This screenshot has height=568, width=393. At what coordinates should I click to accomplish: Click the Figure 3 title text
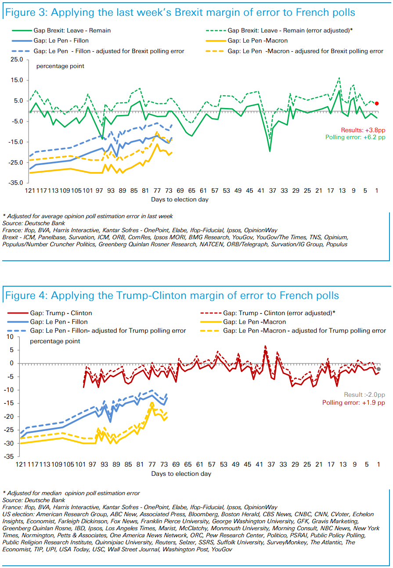tap(180, 12)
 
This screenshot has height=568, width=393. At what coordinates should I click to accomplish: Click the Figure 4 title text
tap(172, 295)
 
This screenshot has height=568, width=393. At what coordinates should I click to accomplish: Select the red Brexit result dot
tap(377, 104)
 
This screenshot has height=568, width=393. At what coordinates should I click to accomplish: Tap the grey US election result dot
tap(379, 369)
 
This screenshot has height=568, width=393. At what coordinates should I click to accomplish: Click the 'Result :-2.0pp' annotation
tap(364, 395)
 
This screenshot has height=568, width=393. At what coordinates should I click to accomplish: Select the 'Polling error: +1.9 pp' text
tap(353, 403)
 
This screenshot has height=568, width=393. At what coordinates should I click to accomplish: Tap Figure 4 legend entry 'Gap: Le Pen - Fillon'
tap(59, 322)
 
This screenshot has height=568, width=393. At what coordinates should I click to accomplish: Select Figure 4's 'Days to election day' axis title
tap(181, 474)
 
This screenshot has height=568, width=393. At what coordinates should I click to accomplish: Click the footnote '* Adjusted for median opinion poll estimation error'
tap(71, 493)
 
